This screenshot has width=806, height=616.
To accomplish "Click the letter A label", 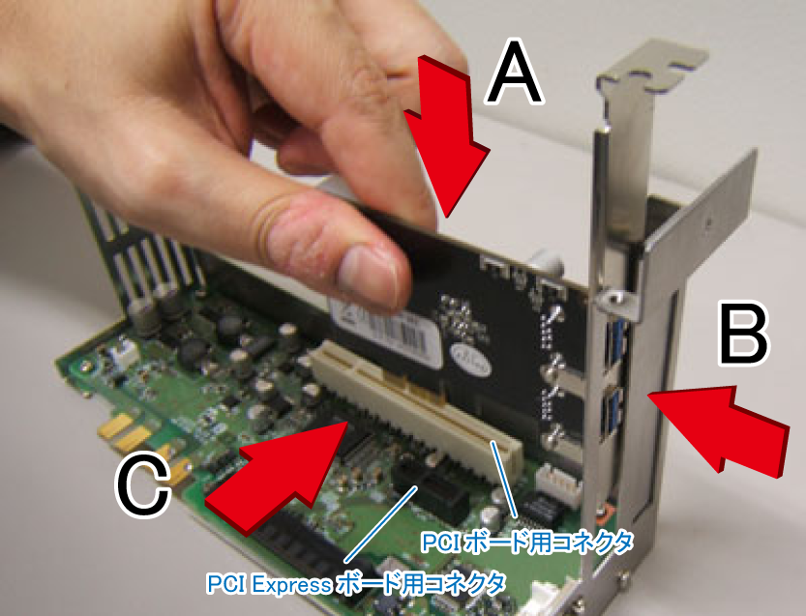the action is [x=514, y=73].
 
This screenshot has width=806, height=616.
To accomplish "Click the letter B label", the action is [x=743, y=335].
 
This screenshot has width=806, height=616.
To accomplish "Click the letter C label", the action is [x=143, y=485].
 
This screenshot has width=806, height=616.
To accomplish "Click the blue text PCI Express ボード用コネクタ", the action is [x=356, y=584].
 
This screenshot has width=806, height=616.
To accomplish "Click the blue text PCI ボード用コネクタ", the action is [x=527, y=542].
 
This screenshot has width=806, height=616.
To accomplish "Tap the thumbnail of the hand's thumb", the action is [x=368, y=277].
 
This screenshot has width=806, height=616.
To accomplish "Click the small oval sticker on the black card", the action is [x=471, y=360].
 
